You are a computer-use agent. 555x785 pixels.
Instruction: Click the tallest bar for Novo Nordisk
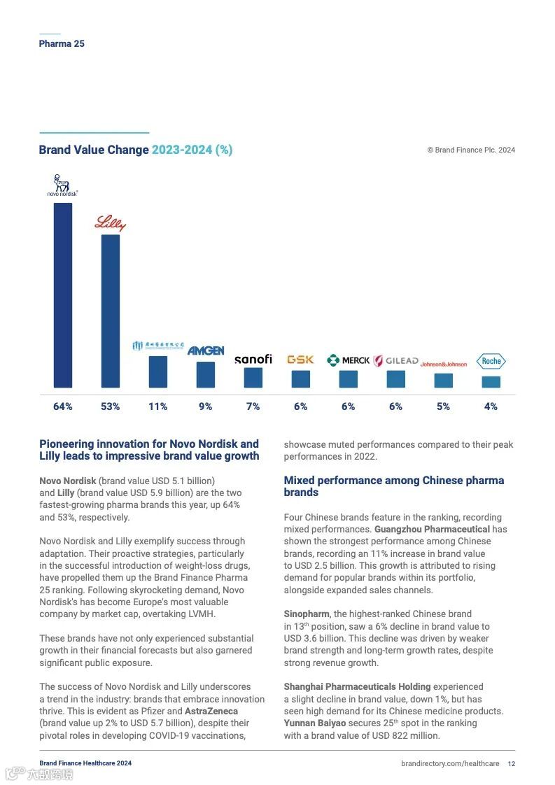coord(63,295)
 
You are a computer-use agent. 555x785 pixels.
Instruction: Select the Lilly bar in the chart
coord(111,311)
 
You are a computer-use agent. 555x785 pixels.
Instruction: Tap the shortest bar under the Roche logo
coord(491,382)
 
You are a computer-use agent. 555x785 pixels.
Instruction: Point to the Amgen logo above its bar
coord(206,350)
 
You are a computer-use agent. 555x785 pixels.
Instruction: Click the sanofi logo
coord(253,360)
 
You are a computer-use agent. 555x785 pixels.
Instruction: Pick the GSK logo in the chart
coord(300,360)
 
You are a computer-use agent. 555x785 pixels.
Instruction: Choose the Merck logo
coord(349,360)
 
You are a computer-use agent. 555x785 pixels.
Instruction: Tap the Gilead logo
coord(395,361)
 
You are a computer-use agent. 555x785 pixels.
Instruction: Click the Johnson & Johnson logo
coord(444,364)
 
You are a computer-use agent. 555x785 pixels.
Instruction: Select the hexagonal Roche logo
coord(491,361)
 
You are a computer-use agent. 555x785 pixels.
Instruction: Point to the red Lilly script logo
coord(111,224)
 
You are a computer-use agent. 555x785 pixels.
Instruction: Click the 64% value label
coord(63,406)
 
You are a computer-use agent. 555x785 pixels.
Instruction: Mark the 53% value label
coord(111,406)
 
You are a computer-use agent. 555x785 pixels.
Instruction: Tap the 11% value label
coord(158,406)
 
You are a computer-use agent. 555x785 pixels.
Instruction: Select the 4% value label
coord(491,406)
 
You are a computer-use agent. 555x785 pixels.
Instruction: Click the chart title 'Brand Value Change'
coord(94,150)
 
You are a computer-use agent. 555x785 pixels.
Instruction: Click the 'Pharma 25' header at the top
coord(62,43)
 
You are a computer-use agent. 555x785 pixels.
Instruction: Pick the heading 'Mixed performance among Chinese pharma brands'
coord(393,486)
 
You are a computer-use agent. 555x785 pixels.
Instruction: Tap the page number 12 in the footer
coord(512,763)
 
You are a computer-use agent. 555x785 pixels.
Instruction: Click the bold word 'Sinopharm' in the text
coord(307,614)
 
